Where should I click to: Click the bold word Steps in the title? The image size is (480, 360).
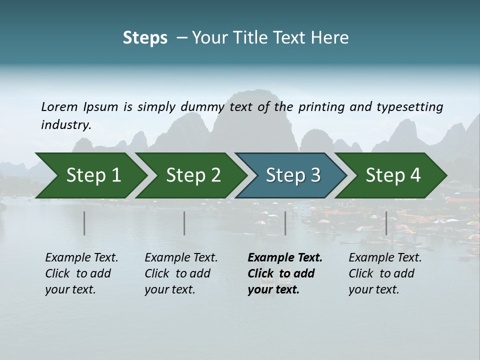click(145, 38)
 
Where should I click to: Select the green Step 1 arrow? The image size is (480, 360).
click(90, 175)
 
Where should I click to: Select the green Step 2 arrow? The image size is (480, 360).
click(190, 175)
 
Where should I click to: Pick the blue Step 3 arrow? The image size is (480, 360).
click(290, 175)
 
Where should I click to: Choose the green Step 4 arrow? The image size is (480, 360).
click(390, 175)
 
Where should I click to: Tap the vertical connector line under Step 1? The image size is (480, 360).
click(84, 223)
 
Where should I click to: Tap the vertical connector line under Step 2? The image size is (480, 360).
click(184, 223)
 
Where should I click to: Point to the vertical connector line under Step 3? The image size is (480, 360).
click(285, 223)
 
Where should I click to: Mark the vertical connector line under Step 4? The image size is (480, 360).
click(386, 223)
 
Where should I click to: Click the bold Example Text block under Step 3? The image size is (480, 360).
click(285, 273)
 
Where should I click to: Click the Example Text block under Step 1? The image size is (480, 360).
click(81, 273)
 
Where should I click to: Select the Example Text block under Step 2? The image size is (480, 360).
click(181, 273)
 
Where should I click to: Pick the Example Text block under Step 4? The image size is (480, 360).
click(385, 273)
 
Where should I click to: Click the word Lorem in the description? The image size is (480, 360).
click(59, 107)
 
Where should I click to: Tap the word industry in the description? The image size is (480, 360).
click(65, 125)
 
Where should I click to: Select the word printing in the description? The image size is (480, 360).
click(318, 107)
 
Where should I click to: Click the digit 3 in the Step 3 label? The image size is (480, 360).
click(315, 175)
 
